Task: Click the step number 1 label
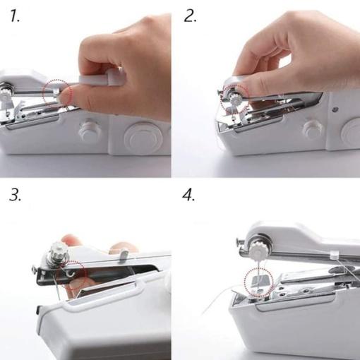[15, 16]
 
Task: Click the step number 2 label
[190, 16]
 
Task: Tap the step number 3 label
[16, 195]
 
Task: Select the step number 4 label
[188, 195]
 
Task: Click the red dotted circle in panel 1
[43, 94]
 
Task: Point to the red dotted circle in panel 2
[220, 99]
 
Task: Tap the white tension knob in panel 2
[236, 100]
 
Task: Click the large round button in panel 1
[143, 138]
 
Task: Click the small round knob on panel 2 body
[313, 130]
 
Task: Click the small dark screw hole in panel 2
[335, 109]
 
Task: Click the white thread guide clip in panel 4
[335, 254]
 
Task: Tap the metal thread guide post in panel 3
[124, 256]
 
